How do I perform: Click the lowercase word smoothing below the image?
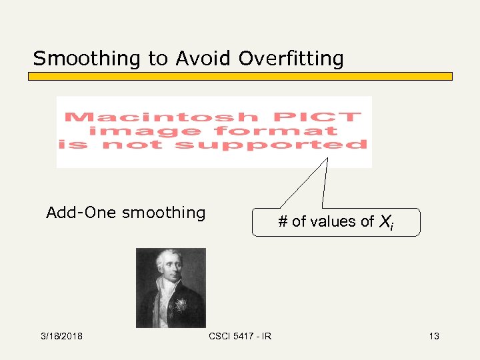click(x=163, y=213)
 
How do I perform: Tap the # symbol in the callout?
click(x=282, y=222)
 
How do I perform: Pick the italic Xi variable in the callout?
click(x=385, y=222)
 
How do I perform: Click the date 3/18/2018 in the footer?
click(x=61, y=336)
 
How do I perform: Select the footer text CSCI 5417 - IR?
click(x=240, y=336)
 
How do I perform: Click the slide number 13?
click(x=433, y=336)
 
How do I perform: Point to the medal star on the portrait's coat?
click(x=181, y=306)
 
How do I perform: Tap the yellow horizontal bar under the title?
click(x=240, y=76)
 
